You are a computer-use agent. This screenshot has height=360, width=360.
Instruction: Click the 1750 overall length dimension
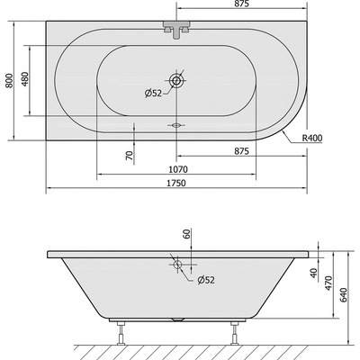pos(176,183)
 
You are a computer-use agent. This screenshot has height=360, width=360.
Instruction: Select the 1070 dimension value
pos(178,169)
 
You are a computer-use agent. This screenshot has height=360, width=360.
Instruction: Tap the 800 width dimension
pos(10,80)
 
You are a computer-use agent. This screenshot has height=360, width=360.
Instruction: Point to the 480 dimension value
pos(25,79)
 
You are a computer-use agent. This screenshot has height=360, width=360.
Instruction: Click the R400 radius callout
pos(312,139)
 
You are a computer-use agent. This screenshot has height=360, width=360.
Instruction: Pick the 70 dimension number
pos(129,156)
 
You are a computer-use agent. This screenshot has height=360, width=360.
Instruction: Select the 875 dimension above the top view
pos(242,4)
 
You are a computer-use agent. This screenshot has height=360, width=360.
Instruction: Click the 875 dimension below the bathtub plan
pos(241,151)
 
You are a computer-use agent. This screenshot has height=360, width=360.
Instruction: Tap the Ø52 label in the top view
pos(153,94)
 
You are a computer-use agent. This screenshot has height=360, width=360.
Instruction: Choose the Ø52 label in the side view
pos(206,280)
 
